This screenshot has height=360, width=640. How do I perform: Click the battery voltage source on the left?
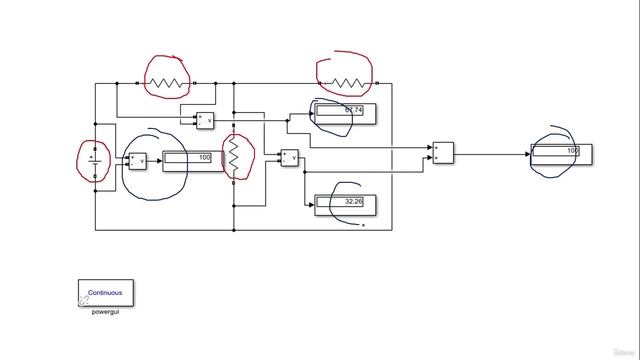coord(94,160)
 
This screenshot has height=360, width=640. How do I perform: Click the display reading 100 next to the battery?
coord(188,158)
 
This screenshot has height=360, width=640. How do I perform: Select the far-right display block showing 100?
coord(562,153)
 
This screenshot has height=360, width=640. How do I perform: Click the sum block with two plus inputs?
coord(444,152)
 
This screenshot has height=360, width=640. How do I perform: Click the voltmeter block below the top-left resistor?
coord(205,120)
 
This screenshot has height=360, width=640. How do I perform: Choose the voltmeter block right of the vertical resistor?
coord(290,156)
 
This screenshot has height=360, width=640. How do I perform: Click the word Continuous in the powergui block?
coord(105,293)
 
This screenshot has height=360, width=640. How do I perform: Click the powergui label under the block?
coord(105,313)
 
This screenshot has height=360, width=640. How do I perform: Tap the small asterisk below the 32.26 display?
coord(364,227)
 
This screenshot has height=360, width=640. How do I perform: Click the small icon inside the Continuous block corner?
coord(85,299)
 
